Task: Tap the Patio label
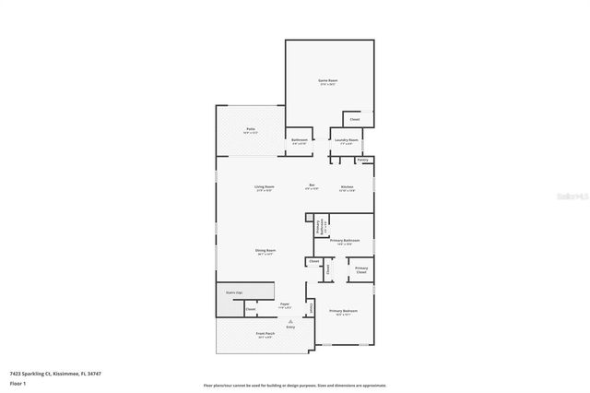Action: pos(250,129)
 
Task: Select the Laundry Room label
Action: pos(347,140)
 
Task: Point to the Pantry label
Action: pos(363,160)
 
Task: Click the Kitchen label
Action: pos(348,187)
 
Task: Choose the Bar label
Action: pos(312,187)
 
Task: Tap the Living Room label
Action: pos(265,187)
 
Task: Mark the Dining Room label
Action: pos(265,251)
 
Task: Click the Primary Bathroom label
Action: pos(344,241)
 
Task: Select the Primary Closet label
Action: pos(360,270)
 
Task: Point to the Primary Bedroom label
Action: pos(344,312)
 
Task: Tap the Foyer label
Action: pos(286,304)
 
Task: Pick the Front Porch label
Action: pos(265,334)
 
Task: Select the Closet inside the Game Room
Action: pos(355,119)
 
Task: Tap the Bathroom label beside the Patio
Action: pos(300,141)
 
